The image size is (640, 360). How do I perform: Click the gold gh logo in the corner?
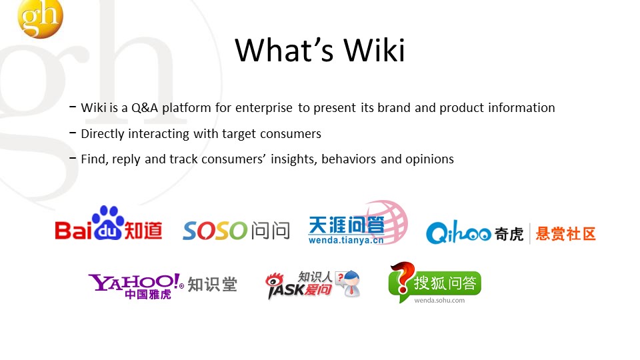pos(40,18)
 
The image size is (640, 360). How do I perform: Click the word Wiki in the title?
pos(374,50)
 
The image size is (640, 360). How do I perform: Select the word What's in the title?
pos(285,50)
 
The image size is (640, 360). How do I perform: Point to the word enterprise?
pos(264,108)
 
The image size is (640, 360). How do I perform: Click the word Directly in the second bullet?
pos(103,134)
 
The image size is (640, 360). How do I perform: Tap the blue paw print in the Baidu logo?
pos(108,223)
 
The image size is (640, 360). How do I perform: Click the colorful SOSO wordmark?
pos(215,231)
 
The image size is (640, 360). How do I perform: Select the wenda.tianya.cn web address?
pos(346,240)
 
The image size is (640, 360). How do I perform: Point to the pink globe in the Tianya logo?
pos(387,221)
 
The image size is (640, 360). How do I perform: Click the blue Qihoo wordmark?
pos(459,233)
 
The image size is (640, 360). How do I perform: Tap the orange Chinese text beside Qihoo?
pos(566,234)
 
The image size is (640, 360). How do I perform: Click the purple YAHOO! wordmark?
pos(134,281)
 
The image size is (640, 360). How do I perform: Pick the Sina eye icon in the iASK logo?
pos(275,281)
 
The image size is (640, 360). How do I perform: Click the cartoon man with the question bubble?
pos(349,283)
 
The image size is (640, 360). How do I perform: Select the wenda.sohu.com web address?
pos(439,301)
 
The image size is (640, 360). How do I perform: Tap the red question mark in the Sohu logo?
pos(401,277)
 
